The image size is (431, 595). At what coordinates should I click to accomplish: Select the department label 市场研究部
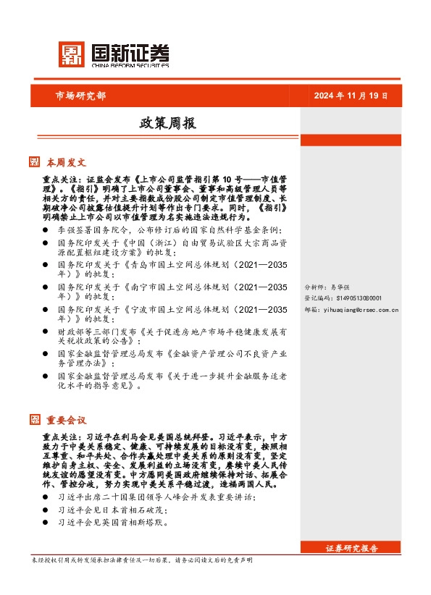point(80,96)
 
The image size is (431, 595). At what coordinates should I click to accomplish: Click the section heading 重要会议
point(67,420)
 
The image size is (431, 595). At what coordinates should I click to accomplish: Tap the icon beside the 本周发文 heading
point(35,161)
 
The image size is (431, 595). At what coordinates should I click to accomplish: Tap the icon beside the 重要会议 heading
point(35,420)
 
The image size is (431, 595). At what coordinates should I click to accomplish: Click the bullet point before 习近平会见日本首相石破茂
point(46,509)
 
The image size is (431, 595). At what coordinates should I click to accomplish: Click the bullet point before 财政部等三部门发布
point(46,332)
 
